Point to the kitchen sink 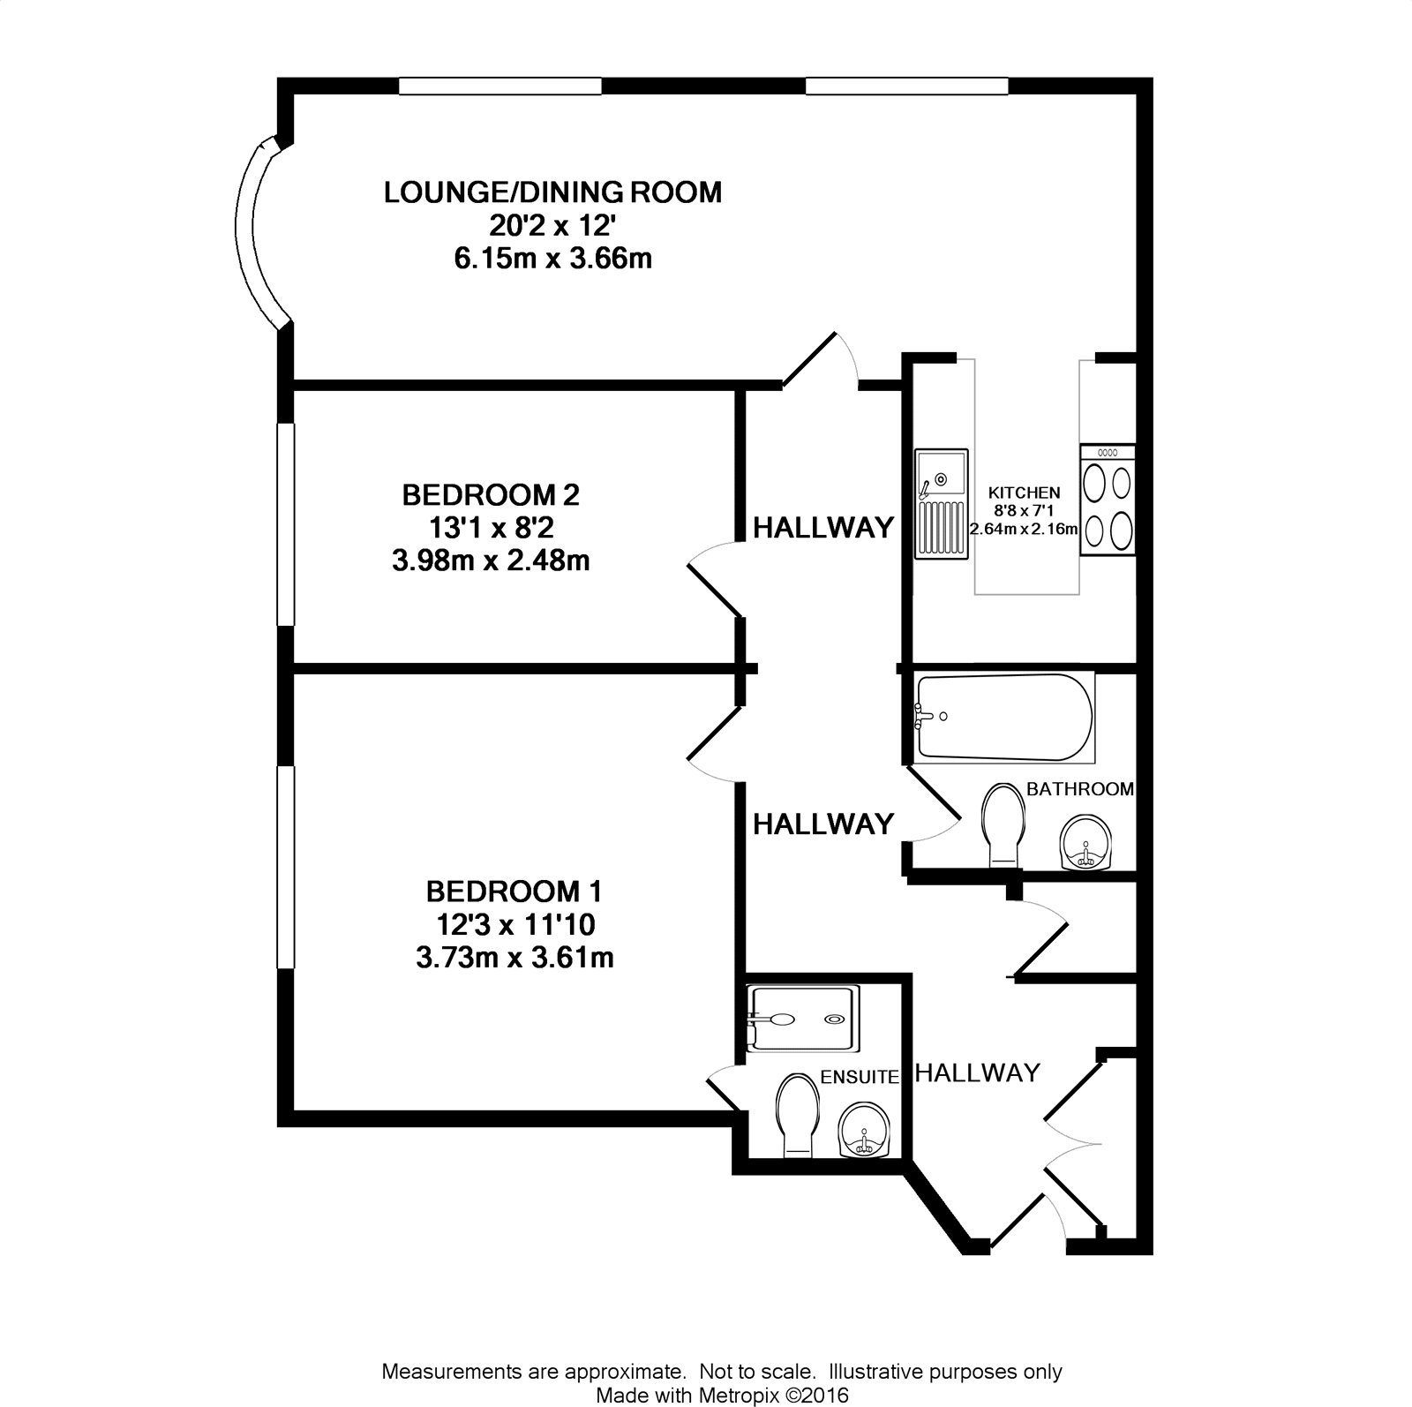pyautogui.click(x=942, y=503)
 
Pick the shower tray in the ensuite pyautogui.click(x=802, y=1019)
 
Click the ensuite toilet pyautogui.click(x=798, y=1115)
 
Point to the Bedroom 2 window pyautogui.click(x=285, y=524)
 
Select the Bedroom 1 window pyautogui.click(x=285, y=868)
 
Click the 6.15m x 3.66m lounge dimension pyautogui.click(x=552, y=260)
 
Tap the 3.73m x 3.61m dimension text pyautogui.click(x=514, y=958)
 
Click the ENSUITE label pyautogui.click(x=860, y=1077)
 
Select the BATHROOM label pyautogui.click(x=1080, y=789)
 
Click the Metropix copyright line pyautogui.click(x=722, y=1395)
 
